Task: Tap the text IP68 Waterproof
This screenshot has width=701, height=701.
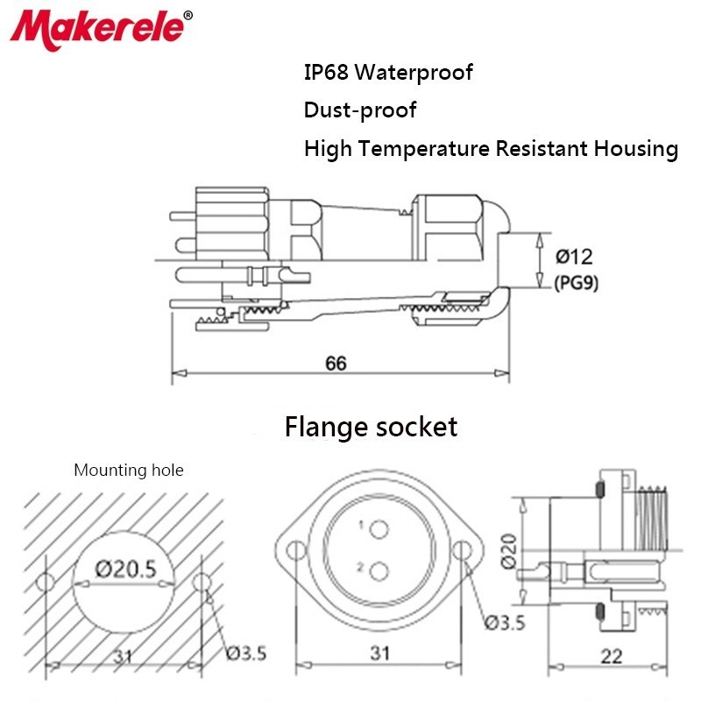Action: click(388, 72)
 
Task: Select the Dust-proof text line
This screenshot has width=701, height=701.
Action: click(359, 110)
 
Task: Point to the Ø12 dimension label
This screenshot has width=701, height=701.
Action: click(575, 257)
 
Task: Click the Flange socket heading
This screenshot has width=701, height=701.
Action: click(371, 427)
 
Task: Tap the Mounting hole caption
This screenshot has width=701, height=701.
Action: click(129, 471)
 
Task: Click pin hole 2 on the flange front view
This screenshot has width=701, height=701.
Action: click(379, 571)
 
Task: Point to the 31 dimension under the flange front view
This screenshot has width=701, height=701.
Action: click(379, 653)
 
